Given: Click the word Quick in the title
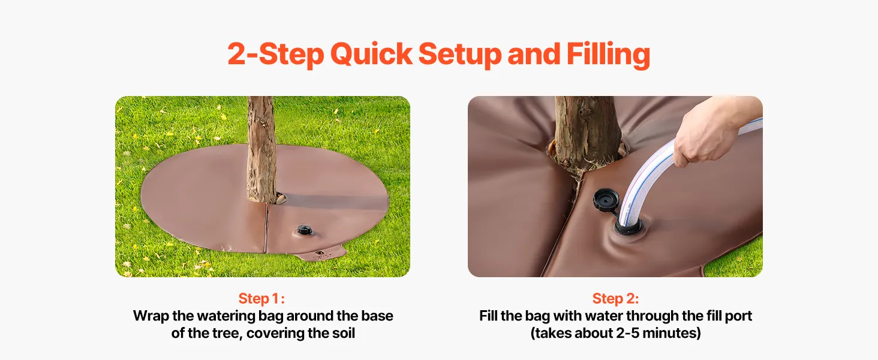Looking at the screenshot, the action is coord(371,55).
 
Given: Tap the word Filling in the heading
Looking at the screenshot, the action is coord(609,55).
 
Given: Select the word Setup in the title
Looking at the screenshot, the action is coord(460,55).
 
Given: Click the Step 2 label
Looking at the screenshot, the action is coord(615,298).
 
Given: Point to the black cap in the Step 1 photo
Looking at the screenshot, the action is coord(305,230).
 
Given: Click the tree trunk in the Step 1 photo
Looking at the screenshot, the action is coord(261,149).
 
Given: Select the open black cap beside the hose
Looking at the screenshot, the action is coord(606,200).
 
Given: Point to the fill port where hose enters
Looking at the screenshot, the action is coord(628,227).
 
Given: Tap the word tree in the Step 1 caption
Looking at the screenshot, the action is coord(227,334).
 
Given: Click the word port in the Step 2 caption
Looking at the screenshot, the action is coord(738,316).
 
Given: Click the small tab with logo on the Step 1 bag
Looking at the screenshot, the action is coord(321,254).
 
